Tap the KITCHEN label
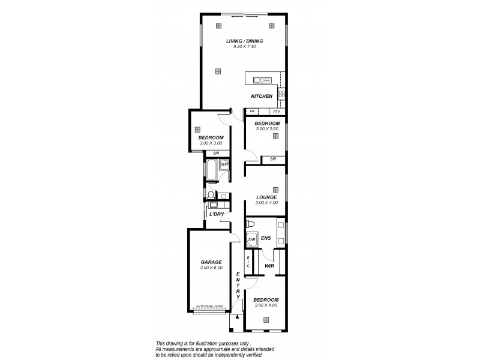(262, 96)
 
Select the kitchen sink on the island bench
(262, 79)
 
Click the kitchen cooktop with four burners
(281, 94)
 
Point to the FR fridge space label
(253, 112)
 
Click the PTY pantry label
(276, 112)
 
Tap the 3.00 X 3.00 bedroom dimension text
(211, 143)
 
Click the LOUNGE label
(266, 197)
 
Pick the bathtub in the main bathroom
(211, 170)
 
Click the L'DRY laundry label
(216, 214)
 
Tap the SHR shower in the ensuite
(251, 240)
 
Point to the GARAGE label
(211, 262)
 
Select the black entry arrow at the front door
(238, 317)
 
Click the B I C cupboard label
(248, 263)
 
